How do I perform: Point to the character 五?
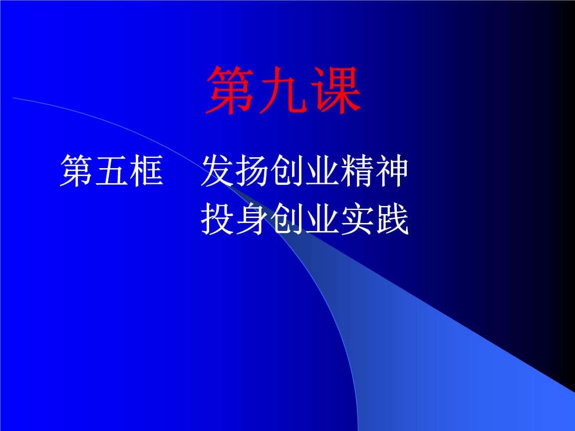pos(111,171)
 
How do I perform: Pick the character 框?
pos(146,171)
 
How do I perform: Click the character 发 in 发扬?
pos(218,171)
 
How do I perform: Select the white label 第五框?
pos(111,171)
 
